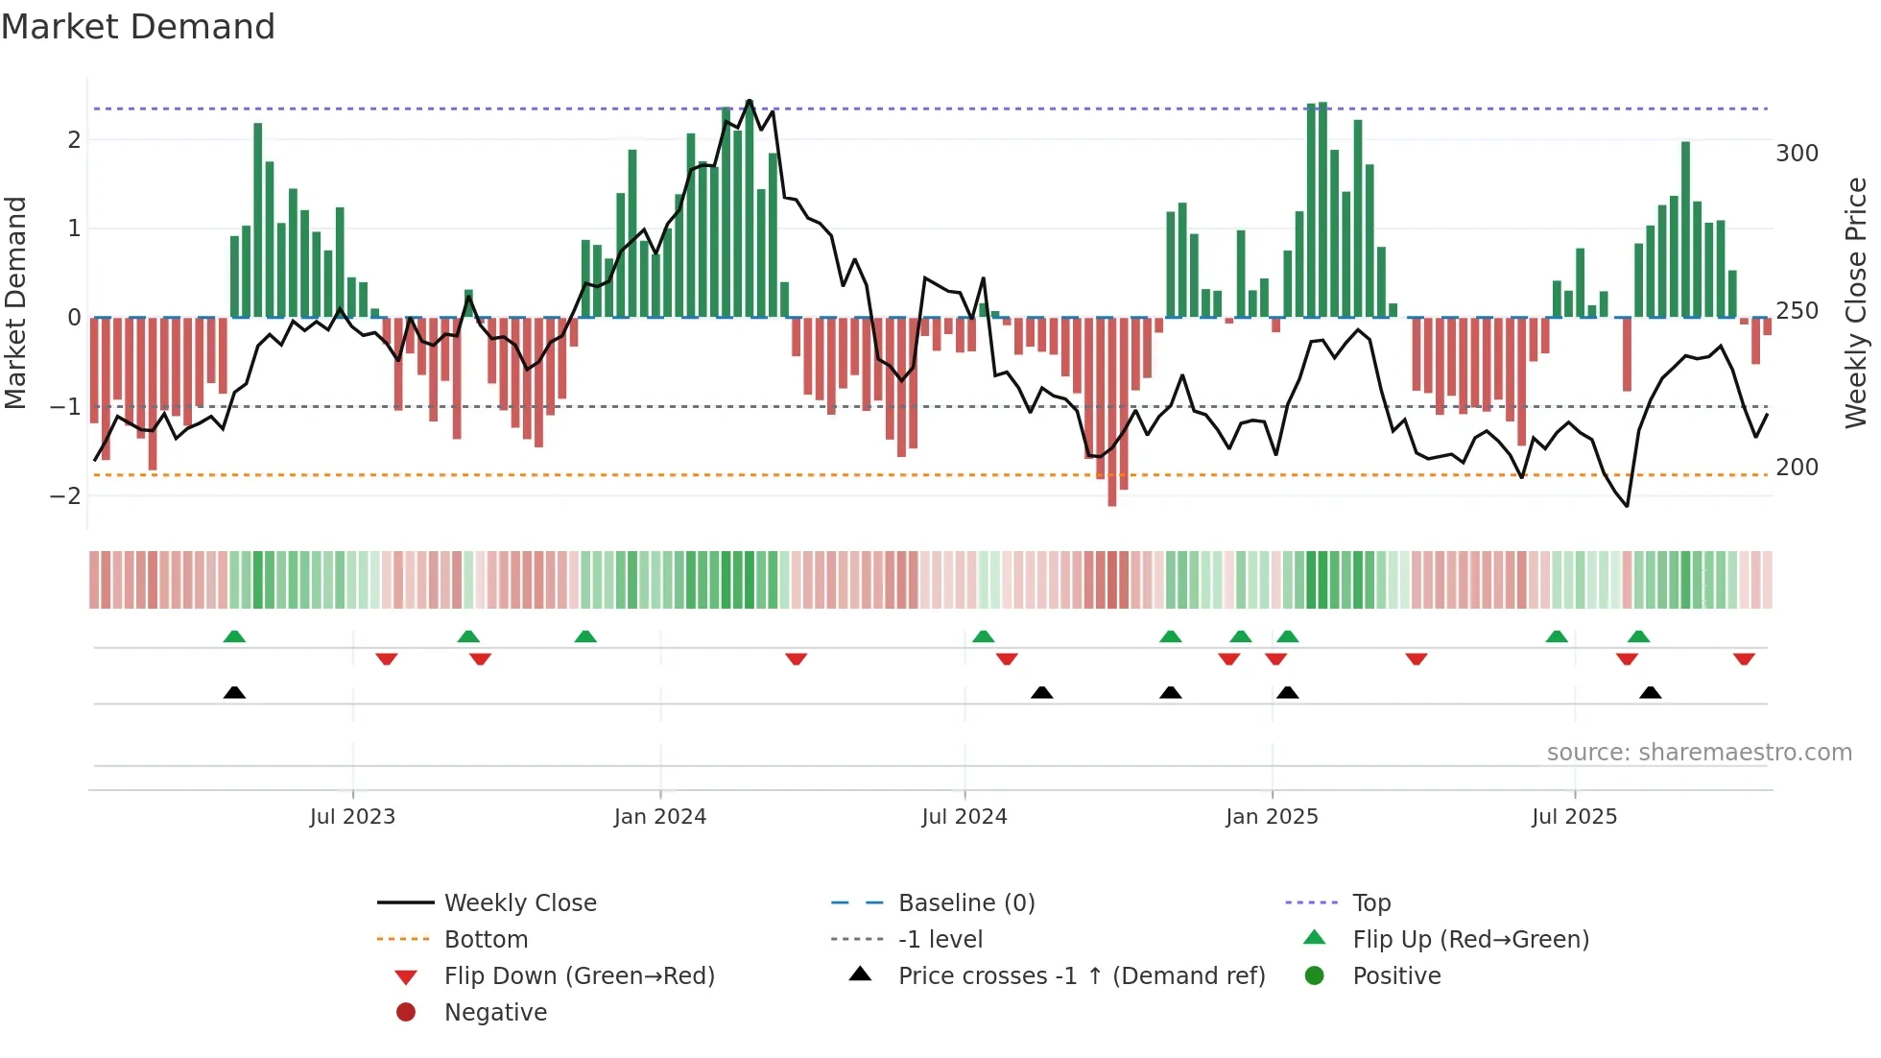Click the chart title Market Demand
pyautogui.click(x=138, y=27)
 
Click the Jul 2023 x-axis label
pyautogui.click(x=352, y=817)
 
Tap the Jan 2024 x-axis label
pyautogui.click(x=660, y=817)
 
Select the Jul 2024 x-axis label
pyautogui.click(x=964, y=817)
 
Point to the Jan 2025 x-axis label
pyautogui.click(x=1272, y=817)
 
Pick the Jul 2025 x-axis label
pyautogui.click(x=1574, y=817)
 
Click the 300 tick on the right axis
pyautogui.click(x=1797, y=154)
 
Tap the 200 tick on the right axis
pyautogui.click(x=1797, y=468)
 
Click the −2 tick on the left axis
pyautogui.click(x=66, y=496)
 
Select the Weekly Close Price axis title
pyautogui.click(x=1856, y=302)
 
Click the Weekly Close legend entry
pyautogui.click(x=519, y=903)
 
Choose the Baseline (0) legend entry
pyautogui.click(x=965, y=903)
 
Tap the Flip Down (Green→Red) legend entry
pyautogui.click(x=579, y=976)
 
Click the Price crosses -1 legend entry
pyautogui.click(x=1081, y=976)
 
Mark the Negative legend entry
pyautogui.click(x=495, y=1013)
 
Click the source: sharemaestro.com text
pyautogui.click(x=1699, y=753)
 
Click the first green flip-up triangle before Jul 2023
pyautogui.click(x=234, y=637)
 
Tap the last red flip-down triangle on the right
pyautogui.click(x=1744, y=659)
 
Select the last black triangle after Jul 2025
pyautogui.click(x=1650, y=693)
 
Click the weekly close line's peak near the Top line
pyautogui.click(x=750, y=101)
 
